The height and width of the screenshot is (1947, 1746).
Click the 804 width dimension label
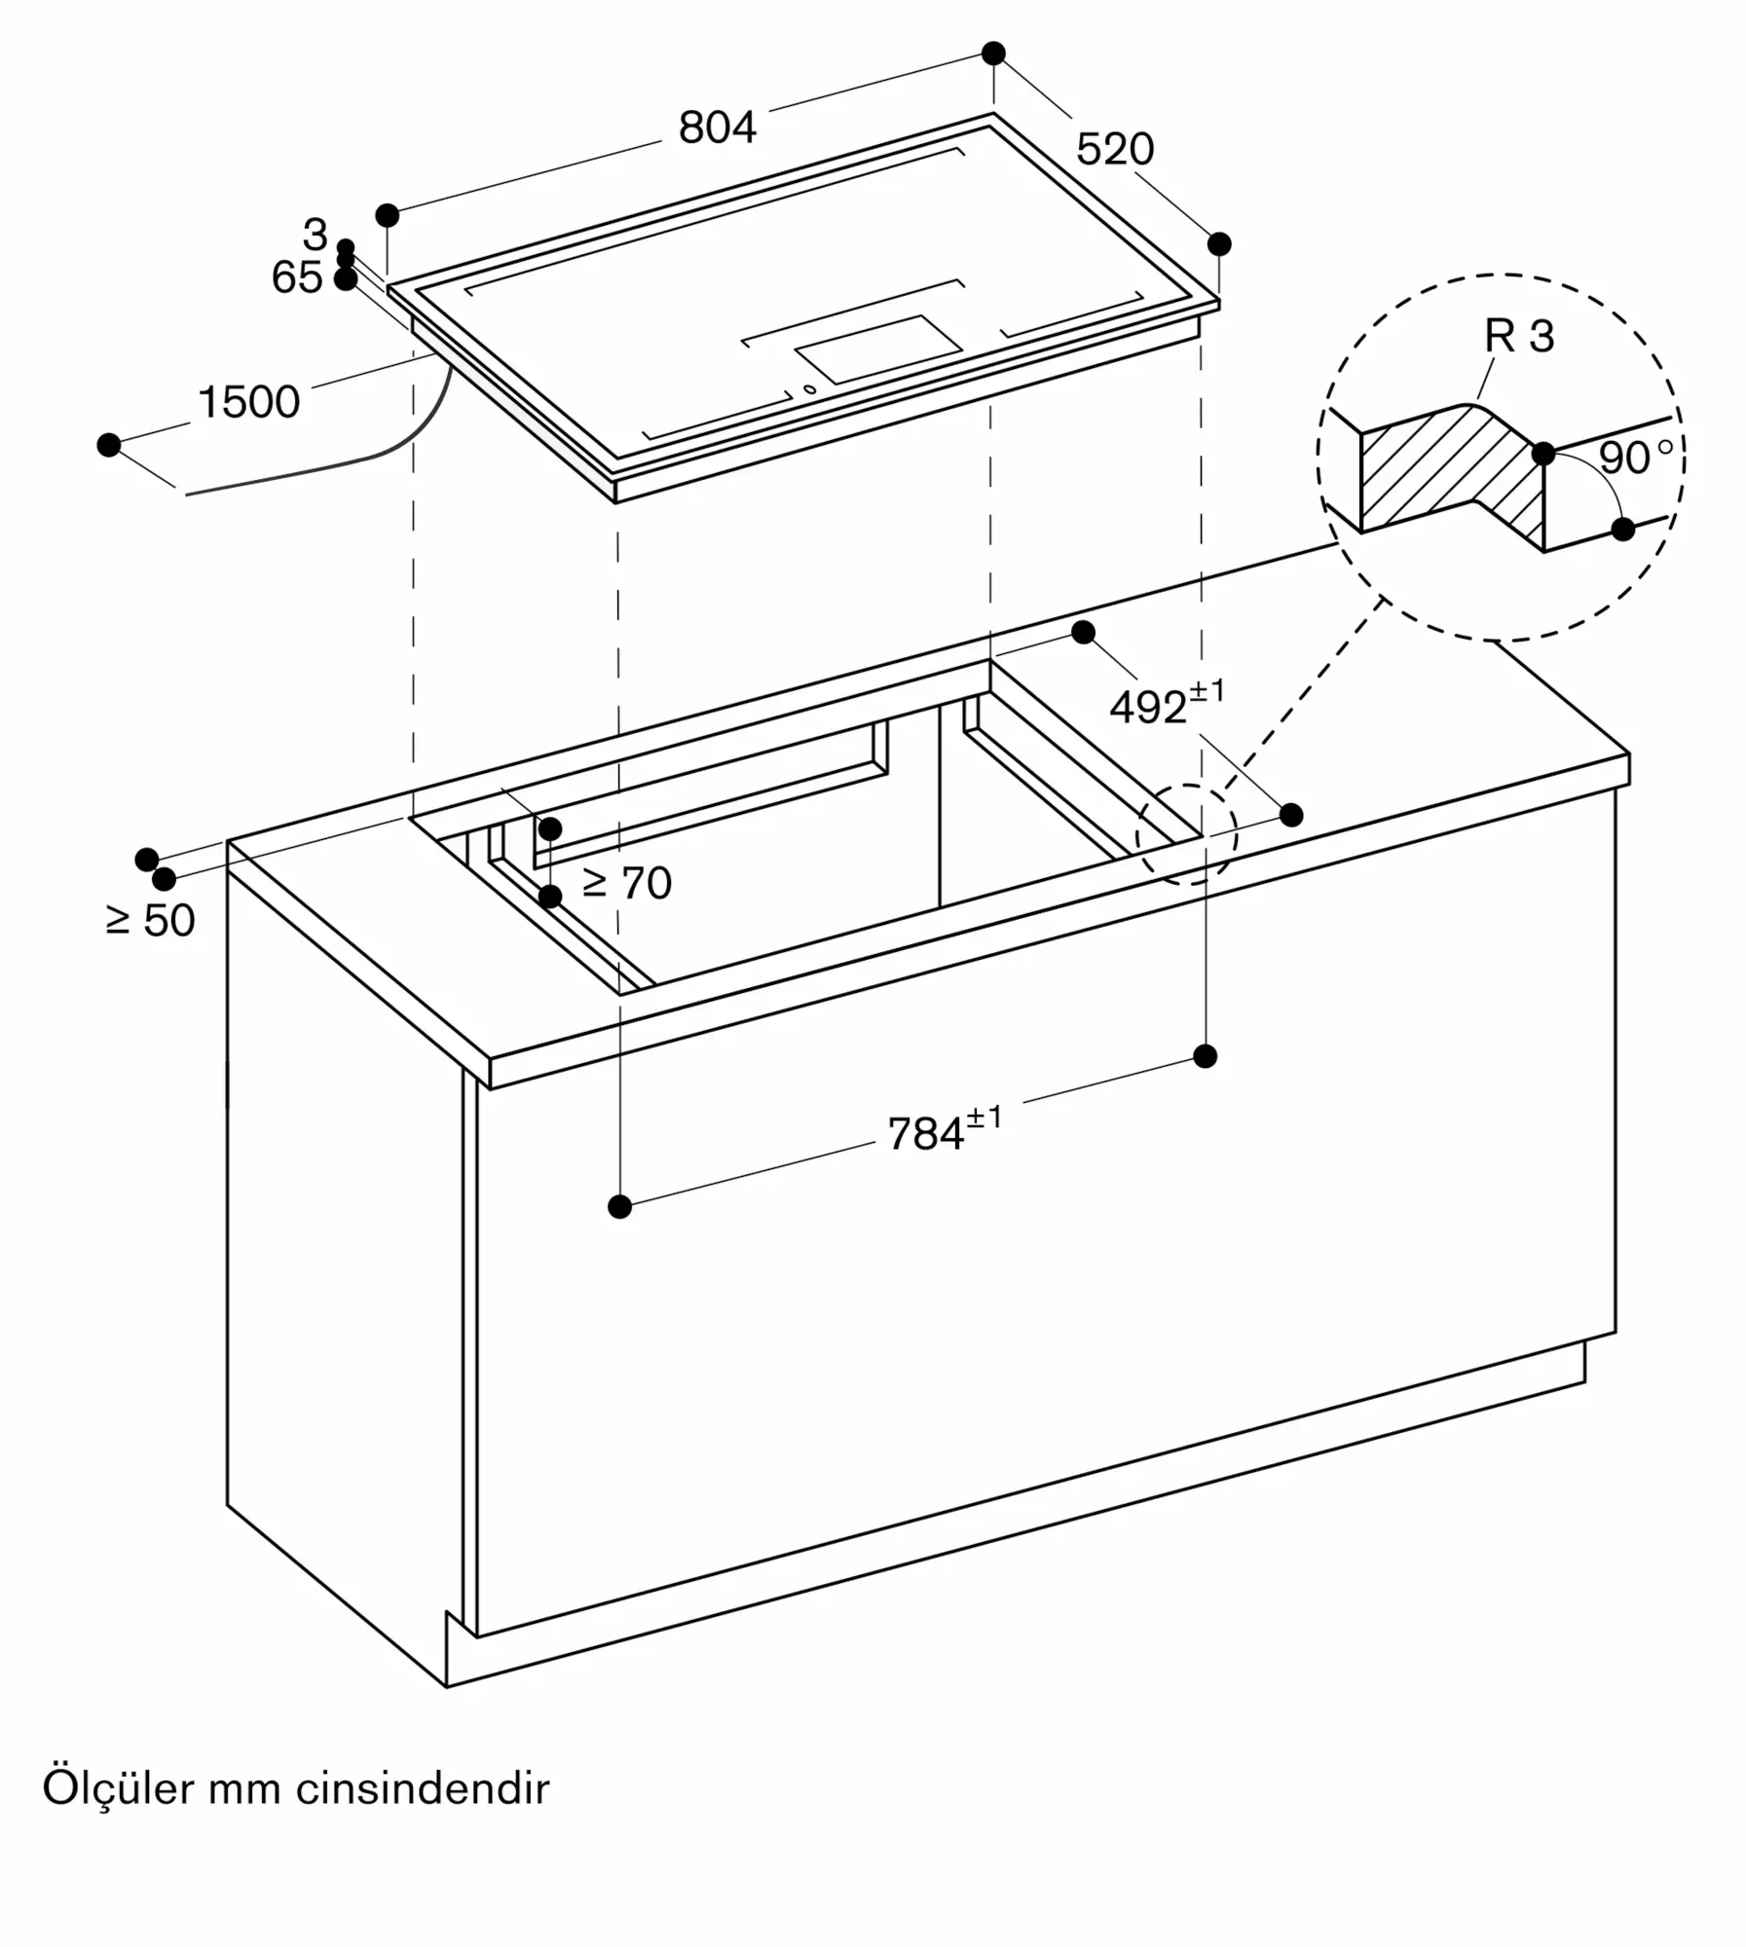(717, 128)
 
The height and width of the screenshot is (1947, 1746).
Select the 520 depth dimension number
(1115, 149)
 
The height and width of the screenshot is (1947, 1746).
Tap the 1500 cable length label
(248, 402)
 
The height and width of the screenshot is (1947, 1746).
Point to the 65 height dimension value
(297, 277)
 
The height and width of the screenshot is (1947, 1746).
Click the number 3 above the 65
(315, 234)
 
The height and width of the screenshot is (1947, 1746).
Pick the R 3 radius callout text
(1519, 336)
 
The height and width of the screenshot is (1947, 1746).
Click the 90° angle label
(1636, 457)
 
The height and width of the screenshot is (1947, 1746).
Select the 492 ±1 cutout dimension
(1167, 703)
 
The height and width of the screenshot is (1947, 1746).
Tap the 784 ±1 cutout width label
(944, 1129)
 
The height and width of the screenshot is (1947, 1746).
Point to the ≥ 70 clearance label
(627, 883)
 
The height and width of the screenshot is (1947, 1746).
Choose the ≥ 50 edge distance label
(151, 920)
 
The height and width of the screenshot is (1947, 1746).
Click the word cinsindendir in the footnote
(423, 1789)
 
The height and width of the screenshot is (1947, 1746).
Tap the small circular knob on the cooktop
(809, 389)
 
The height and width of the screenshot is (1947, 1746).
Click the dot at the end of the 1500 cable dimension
(109, 445)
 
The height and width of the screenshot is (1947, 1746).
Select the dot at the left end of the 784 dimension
(619, 1207)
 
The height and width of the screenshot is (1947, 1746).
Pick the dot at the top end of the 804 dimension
(993, 54)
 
